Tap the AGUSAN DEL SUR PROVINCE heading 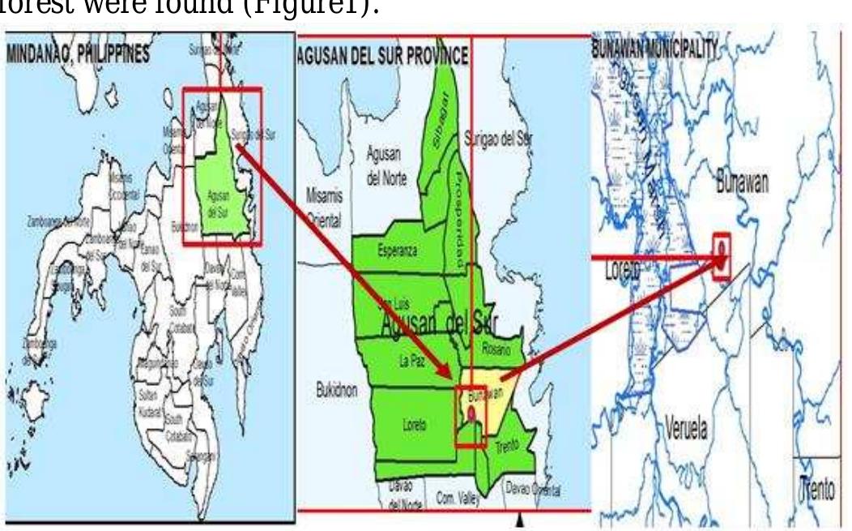(383, 56)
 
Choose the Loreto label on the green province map (413, 423)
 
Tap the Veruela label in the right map (686, 429)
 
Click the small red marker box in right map (721, 246)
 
